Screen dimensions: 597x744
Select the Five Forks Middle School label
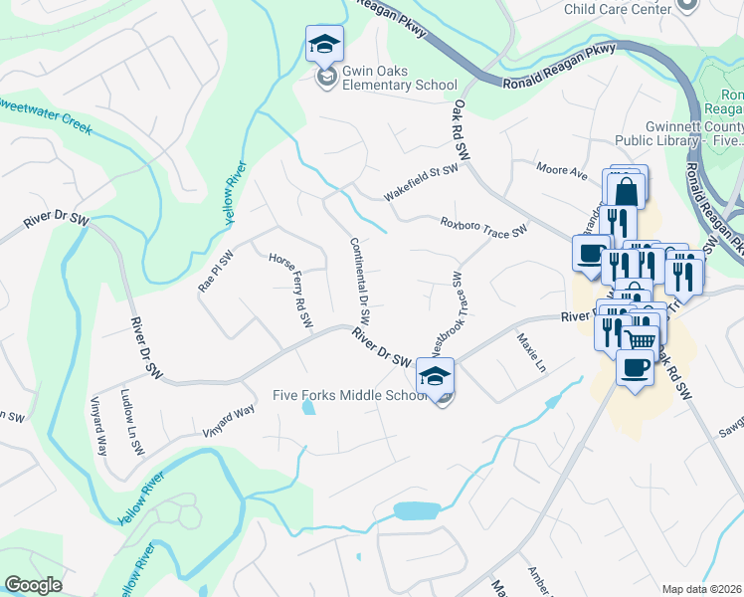point(350,395)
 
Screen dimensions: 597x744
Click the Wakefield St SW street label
point(421,182)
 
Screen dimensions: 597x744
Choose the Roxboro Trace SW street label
point(482,226)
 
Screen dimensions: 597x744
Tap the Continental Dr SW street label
point(360,281)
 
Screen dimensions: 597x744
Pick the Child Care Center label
point(617,9)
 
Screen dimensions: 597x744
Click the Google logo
point(33,585)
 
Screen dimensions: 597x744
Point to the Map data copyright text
point(701,588)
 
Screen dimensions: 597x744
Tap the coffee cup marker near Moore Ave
point(591,253)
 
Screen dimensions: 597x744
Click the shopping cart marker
point(640,338)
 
